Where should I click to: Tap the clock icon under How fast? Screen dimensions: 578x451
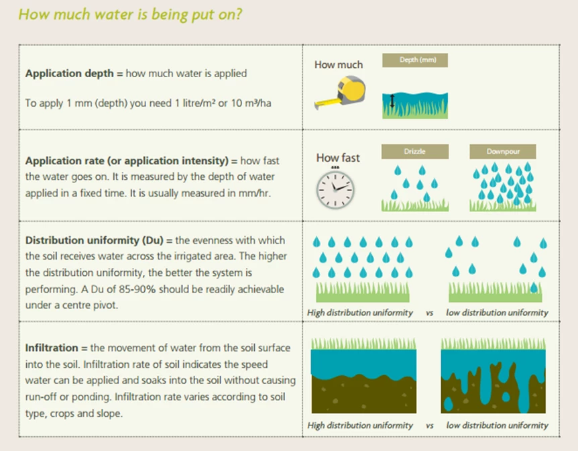coord(335,188)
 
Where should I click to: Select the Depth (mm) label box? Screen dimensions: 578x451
coord(415,60)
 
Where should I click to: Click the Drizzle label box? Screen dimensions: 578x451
coord(415,151)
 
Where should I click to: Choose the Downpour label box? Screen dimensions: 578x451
coord(503,151)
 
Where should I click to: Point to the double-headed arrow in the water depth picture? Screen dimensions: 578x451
coord(392,101)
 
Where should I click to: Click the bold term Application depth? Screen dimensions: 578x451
coord(69,73)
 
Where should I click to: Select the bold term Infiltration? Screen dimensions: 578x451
coord(52,348)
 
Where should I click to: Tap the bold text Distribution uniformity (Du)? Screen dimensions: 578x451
coord(95,240)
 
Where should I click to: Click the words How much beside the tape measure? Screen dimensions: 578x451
coord(339,64)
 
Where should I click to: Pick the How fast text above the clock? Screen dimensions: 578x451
coord(338,158)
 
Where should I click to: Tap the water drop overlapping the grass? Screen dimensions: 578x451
coord(534,287)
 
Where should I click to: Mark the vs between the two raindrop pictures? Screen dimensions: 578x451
coord(429,313)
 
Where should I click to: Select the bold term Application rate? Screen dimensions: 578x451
coord(65,161)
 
